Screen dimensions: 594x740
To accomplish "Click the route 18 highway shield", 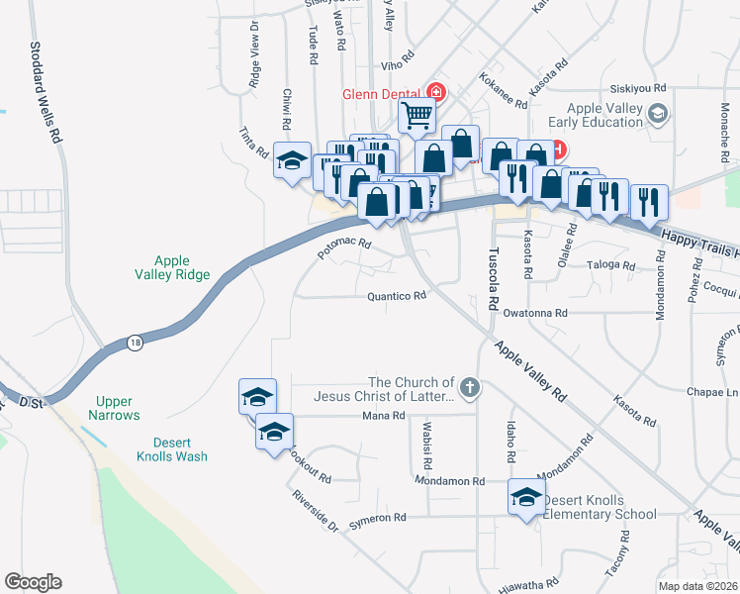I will click(x=134, y=343).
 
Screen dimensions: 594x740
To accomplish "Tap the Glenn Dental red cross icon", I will click(x=435, y=94).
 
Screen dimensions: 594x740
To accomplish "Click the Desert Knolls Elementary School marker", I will click(x=524, y=497).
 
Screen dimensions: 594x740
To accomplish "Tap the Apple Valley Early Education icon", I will click(x=656, y=115).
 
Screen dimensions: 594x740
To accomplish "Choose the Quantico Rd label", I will click(x=396, y=295).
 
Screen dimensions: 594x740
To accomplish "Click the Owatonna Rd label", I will click(x=534, y=313).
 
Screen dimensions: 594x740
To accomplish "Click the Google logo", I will click(x=33, y=582).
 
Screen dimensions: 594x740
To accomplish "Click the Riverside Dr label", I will click(x=315, y=510).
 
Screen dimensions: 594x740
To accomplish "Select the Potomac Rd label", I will click(x=343, y=247).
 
